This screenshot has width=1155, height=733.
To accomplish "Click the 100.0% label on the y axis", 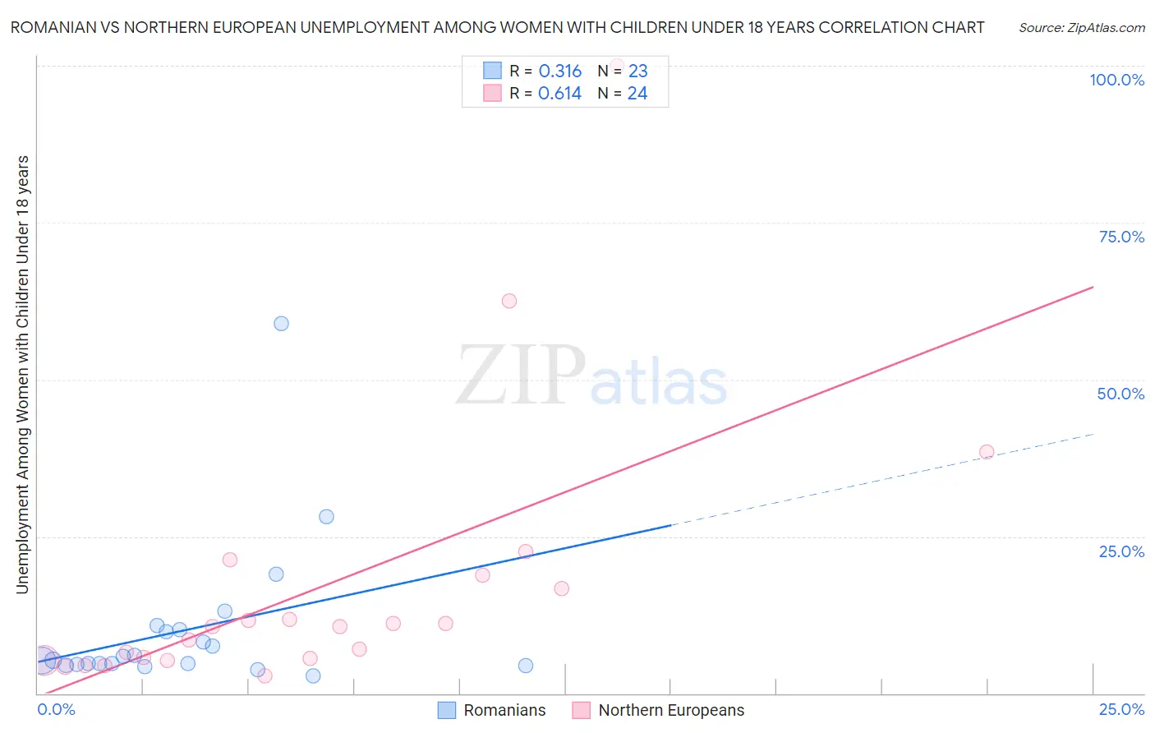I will point(1116,80).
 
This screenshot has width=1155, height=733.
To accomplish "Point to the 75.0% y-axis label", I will point(1121,237).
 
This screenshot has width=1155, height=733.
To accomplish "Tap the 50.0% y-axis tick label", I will point(1120,394).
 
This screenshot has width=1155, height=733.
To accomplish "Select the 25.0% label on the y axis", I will point(1121,551).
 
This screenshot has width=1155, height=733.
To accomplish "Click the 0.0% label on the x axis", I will point(57,709).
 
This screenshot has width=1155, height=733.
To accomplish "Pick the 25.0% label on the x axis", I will point(1121,709).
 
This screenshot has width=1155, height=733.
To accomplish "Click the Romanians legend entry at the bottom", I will point(504,710).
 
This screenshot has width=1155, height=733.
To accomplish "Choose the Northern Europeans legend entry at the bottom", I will point(670,710).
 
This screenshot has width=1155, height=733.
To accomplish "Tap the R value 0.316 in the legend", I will point(560,71).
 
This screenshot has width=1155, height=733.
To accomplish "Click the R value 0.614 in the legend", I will point(559,94).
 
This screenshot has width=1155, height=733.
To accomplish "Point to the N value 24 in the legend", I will point(637,94).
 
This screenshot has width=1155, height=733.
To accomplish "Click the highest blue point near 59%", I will point(281,324).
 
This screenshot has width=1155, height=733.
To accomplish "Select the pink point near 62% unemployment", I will point(509,301).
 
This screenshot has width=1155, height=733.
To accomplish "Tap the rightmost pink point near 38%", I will point(987,452).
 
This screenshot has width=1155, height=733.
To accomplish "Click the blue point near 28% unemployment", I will point(326,517).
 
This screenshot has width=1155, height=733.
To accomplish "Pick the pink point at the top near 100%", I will point(617,66).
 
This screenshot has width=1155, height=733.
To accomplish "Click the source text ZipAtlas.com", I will point(1082,28).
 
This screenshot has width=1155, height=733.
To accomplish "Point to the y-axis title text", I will point(22,374).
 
